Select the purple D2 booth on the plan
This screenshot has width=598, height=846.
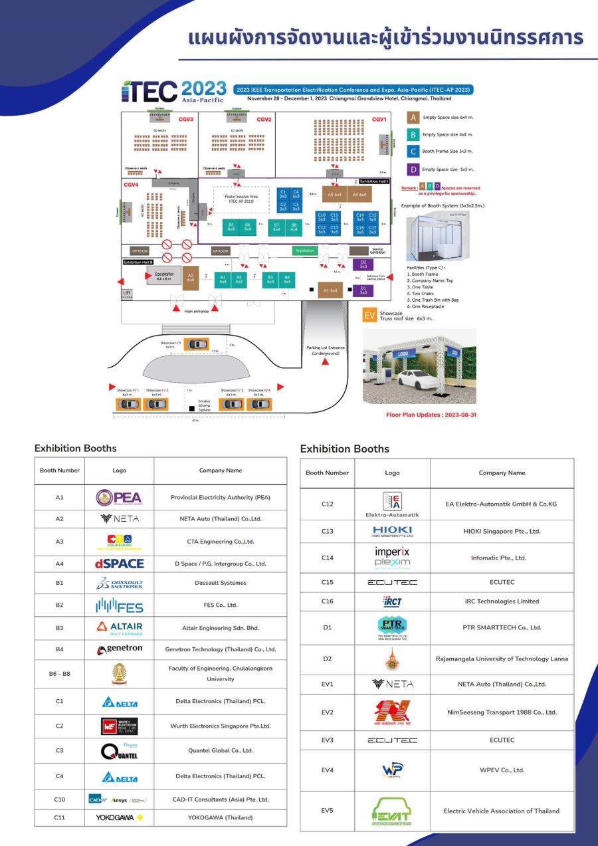click(x=363, y=264)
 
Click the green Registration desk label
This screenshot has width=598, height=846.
click(x=304, y=251)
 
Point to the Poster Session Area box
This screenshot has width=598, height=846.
click(x=241, y=198)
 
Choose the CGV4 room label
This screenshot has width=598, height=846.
click(x=131, y=184)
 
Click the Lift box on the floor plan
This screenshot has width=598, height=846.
click(x=127, y=292)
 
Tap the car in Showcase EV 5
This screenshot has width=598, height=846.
click(x=196, y=344)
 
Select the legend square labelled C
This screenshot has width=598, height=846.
click(x=413, y=152)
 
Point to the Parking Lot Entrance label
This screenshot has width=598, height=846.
click(x=326, y=350)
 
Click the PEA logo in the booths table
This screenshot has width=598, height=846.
click(x=119, y=498)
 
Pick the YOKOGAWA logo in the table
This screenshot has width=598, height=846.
click(x=119, y=817)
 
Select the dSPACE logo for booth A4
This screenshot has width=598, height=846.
click(x=119, y=564)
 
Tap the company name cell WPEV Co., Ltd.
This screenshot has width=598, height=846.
click(x=502, y=770)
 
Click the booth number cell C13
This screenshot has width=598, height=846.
click(x=327, y=531)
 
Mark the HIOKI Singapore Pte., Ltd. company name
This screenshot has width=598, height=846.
click(x=502, y=531)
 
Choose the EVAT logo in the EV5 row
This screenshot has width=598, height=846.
click(x=392, y=811)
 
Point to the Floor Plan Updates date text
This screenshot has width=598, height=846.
click(x=431, y=415)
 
